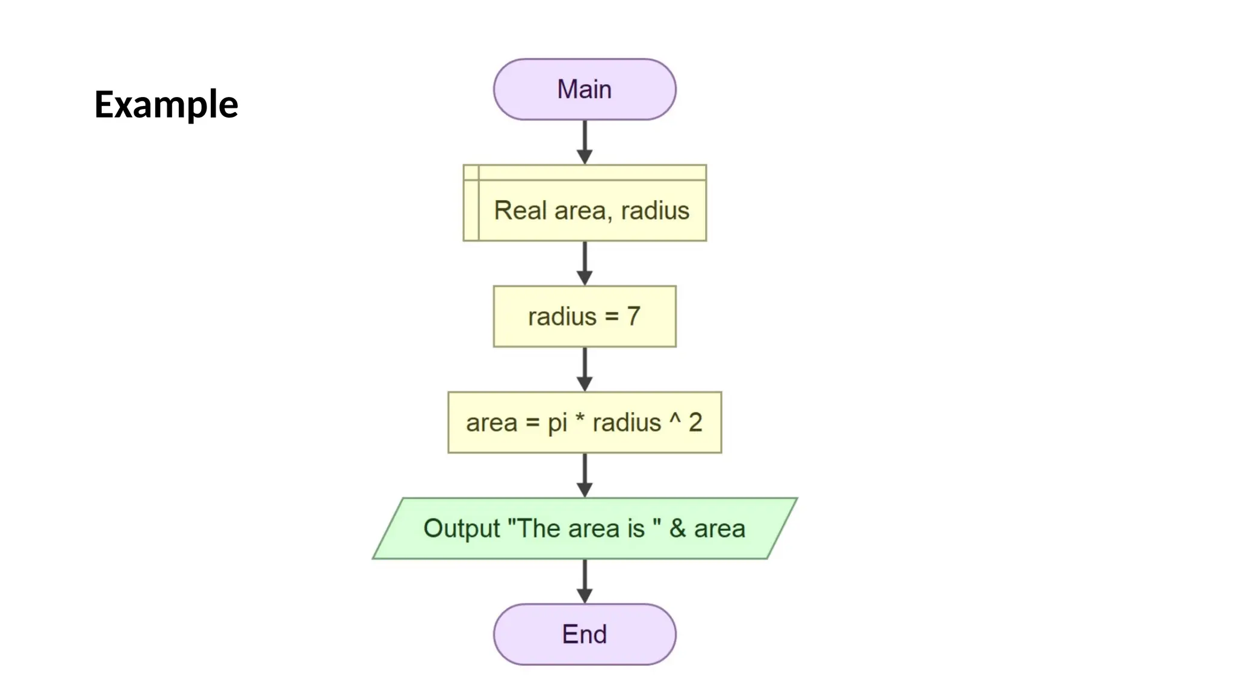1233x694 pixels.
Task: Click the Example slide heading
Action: (x=166, y=104)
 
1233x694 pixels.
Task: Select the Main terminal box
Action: (x=584, y=89)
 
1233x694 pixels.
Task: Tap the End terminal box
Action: (x=584, y=634)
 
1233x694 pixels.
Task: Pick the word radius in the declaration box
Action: (x=655, y=210)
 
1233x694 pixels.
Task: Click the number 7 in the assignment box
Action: (x=633, y=316)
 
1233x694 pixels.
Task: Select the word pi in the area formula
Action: (x=557, y=423)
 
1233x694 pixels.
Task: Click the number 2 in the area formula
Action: (x=695, y=422)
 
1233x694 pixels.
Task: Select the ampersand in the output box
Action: (x=677, y=528)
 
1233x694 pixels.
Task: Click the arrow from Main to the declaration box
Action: (x=585, y=142)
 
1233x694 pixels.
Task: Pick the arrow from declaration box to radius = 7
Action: (x=585, y=263)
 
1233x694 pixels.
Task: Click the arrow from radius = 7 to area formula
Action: (x=585, y=369)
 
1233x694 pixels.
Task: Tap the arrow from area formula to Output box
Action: (x=585, y=475)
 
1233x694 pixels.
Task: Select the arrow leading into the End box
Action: (x=585, y=581)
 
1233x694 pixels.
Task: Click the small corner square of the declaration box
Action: (x=471, y=172)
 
